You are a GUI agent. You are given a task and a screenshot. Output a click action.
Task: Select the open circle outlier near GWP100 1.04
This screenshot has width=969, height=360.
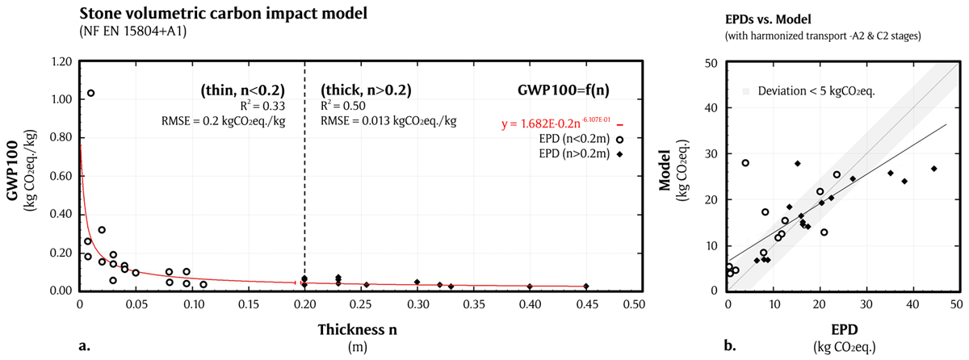90,94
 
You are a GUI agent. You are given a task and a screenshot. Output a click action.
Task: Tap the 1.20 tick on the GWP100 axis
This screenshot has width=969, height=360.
62,62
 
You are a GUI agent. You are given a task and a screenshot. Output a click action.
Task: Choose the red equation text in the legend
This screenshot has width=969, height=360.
554,126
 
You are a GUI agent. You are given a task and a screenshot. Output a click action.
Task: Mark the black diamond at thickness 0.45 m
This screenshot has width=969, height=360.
585,287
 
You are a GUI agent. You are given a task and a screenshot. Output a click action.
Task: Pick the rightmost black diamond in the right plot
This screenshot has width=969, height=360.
933,169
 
